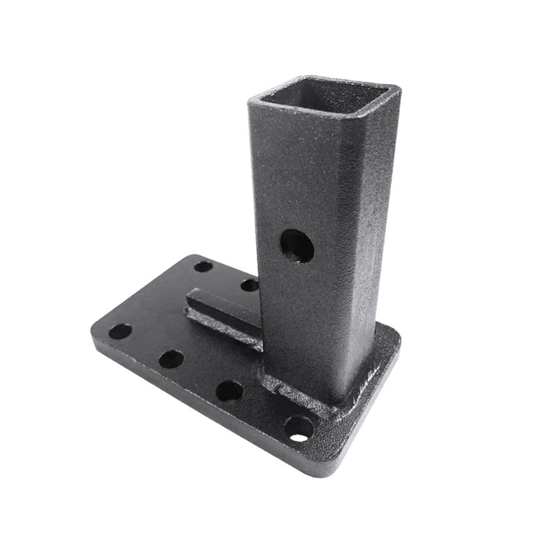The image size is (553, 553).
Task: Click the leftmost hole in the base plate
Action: [x=120, y=331]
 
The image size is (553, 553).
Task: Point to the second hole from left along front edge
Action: [x=171, y=359]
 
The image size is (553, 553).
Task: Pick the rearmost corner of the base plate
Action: [x=193, y=257]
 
